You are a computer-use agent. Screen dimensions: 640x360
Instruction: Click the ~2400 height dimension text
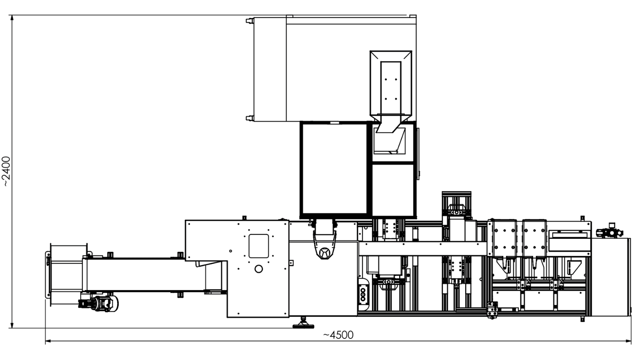[x=6, y=172]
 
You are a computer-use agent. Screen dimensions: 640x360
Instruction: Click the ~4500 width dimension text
[x=338, y=335]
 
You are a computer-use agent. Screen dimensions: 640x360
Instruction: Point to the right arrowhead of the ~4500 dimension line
[x=628, y=341]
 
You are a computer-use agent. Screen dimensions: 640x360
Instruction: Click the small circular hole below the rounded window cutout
[x=258, y=269]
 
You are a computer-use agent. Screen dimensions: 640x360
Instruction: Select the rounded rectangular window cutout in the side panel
[x=258, y=246]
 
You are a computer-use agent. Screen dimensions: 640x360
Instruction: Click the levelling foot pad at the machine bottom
[x=304, y=326]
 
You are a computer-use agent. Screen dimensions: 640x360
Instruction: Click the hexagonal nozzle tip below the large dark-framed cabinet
[x=324, y=253]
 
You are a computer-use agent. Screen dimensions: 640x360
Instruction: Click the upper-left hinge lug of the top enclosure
[x=250, y=21]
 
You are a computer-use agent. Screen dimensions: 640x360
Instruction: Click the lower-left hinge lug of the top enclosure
[x=250, y=118]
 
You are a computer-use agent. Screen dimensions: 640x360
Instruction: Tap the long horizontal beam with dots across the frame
[x=422, y=248]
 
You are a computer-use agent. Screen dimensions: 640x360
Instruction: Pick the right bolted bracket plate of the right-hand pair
[x=534, y=238]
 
